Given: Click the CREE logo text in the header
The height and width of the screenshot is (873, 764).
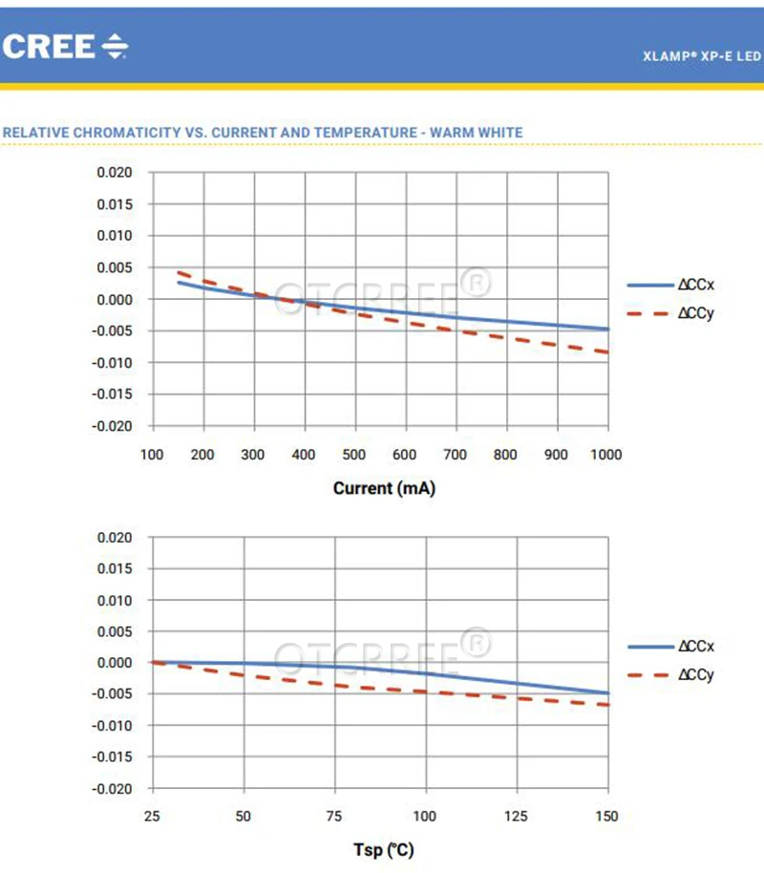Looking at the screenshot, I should pos(50,46).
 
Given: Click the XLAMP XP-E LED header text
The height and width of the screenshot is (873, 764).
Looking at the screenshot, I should pos(702,56).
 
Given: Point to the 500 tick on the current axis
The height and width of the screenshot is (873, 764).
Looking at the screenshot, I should pos(354,455).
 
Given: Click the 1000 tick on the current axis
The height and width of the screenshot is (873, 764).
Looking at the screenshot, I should pos(605,455).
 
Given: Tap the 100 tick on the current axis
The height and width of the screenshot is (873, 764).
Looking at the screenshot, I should pos(152,455).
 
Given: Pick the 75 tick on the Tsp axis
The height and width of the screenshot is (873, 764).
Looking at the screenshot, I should pos(334,817).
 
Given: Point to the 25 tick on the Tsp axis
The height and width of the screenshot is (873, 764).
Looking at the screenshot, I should pos(152,817).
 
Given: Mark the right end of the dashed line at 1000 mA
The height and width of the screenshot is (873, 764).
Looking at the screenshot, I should pos(607,352).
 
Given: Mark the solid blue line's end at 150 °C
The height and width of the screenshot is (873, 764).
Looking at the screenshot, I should pos(607,693).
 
